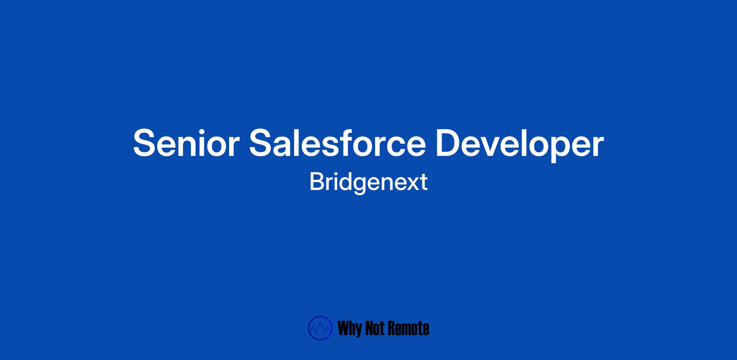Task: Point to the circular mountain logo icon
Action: click(320, 328)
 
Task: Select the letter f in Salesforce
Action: click(345, 142)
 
